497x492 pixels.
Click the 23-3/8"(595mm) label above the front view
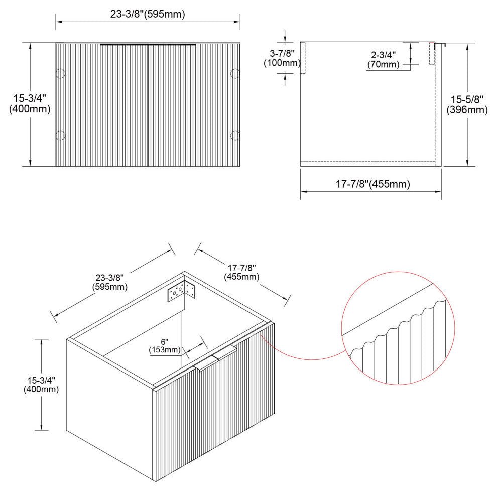tap(148, 14)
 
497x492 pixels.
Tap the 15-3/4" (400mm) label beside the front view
tap(30, 104)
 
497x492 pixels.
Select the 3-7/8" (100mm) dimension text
tap(282, 58)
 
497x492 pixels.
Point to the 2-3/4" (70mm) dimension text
tap(383, 60)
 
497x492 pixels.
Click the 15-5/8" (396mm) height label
tap(467, 105)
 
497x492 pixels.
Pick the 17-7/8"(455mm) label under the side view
tap(372, 184)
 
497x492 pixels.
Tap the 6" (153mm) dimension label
tap(165, 346)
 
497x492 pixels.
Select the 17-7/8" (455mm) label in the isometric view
tap(241, 272)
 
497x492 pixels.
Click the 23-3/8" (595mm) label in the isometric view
tap(109, 282)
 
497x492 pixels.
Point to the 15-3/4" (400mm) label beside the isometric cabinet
tap(41, 385)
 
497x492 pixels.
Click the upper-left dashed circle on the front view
tap(60, 73)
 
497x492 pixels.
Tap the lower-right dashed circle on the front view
tap(235, 136)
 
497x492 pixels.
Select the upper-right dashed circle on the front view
tap(235, 73)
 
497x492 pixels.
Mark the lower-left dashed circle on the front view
tap(60, 136)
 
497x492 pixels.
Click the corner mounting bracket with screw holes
tap(181, 291)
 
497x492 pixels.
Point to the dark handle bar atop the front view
tap(148, 45)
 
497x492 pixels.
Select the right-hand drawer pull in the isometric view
tap(225, 352)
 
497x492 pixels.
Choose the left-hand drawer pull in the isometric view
tap(206, 363)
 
